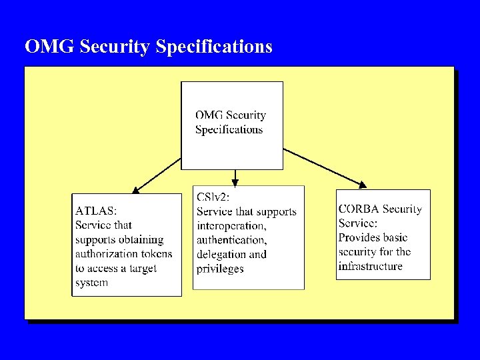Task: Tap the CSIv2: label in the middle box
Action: pos(213,197)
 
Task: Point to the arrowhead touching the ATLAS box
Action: pos(136,190)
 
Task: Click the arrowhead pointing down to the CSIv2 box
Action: pos(235,182)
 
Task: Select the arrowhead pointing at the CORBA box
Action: pos(363,185)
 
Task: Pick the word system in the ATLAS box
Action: pos(92,283)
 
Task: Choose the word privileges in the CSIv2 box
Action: pos(220,269)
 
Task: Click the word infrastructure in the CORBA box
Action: pos(370,266)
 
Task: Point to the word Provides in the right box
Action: pos(359,237)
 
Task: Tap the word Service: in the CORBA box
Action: pos(358,223)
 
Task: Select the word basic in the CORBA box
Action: pos(395,237)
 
